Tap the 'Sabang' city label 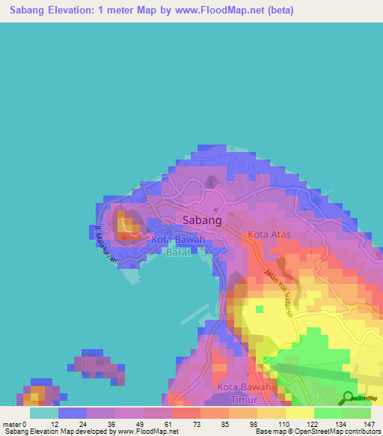202,220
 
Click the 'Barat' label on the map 179,253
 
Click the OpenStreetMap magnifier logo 348,397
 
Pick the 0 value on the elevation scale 24,424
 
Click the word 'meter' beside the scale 10,424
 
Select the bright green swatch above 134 328,413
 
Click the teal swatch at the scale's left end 44,413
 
